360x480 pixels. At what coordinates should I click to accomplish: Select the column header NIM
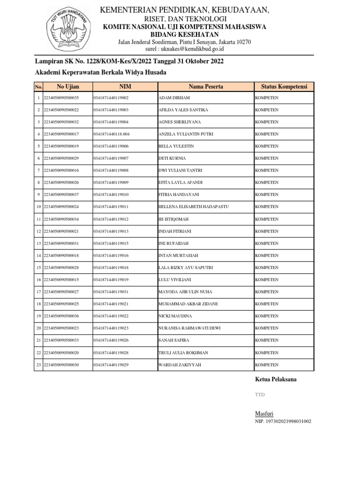[125, 87]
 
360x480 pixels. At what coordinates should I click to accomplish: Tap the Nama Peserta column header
[206, 87]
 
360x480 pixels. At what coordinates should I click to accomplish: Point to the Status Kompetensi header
[284, 87]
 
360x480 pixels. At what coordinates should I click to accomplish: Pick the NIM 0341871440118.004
[112, 134]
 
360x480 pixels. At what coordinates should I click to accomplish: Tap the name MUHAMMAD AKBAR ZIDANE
[188, 304]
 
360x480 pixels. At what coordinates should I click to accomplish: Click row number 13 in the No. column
[38, 244]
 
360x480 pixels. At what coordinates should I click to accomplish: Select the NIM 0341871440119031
[111, 292]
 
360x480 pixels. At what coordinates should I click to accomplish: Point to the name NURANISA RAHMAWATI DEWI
[190, 329]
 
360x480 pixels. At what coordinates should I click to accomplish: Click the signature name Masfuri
[263, 413]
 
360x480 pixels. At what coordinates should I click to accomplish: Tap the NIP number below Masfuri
[283, 421]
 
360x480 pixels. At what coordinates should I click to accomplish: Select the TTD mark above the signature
[260, 395]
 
